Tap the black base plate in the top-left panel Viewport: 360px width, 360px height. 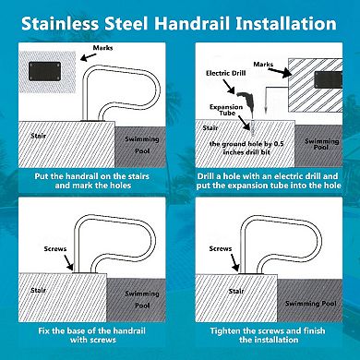click(42, 71)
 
